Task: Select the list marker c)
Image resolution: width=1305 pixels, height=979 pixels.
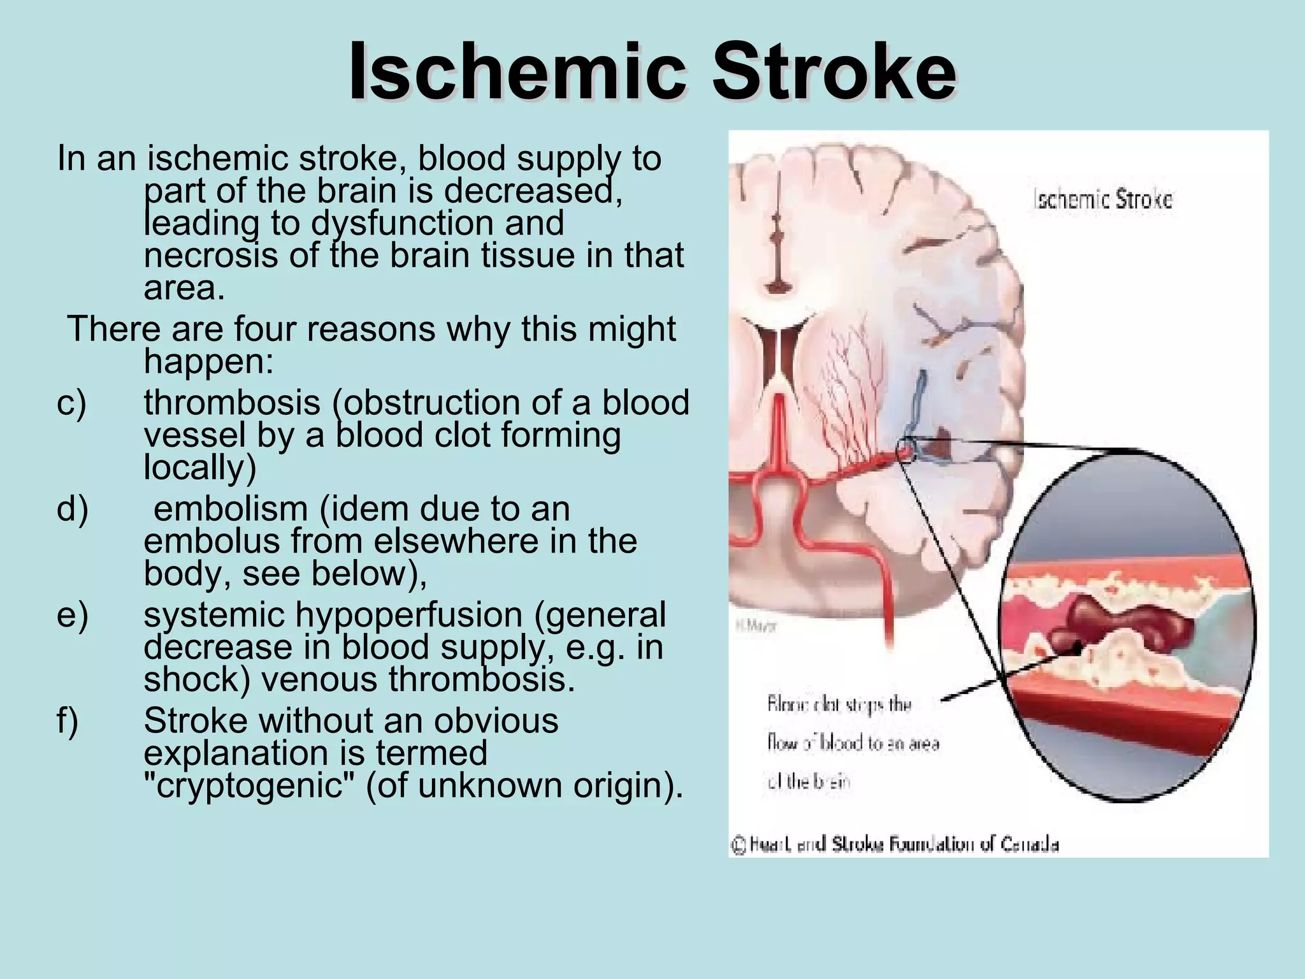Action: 71,403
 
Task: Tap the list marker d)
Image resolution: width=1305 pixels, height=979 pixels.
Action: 72,509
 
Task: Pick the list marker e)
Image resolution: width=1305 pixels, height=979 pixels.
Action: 72,615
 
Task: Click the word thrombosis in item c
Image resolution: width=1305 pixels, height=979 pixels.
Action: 232,403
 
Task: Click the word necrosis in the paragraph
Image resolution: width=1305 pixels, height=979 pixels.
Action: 211,256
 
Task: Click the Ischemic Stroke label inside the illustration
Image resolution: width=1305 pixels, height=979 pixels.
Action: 1102,200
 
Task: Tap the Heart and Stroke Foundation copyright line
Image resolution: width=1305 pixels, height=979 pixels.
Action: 895,845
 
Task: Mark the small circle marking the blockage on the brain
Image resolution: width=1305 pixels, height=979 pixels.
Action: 906,449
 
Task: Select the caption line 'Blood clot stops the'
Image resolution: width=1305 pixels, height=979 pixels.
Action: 839,705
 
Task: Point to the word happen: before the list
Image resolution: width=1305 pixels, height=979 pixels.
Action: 208,361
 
